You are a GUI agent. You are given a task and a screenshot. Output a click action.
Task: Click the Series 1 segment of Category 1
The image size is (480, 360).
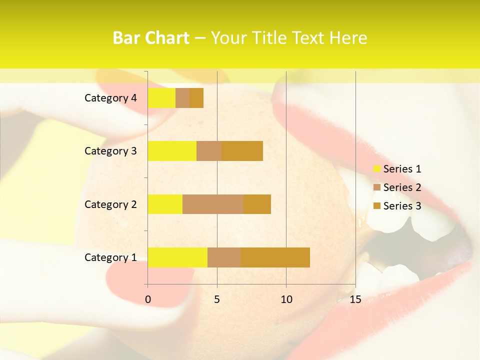pyautogui.click(x=177, y=257)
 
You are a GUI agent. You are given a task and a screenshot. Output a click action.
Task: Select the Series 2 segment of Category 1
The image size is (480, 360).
pyautogui.click(x=224, y=257)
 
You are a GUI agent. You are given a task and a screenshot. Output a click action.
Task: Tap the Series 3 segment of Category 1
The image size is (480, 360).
pyautogui.click(x=275, y=257)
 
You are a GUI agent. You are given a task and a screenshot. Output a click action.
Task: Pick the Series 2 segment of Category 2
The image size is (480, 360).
pyautogui.click(x=213, y=204)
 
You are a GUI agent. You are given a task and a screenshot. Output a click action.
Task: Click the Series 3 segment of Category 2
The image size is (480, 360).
pyautogui.click(x=257, y=204)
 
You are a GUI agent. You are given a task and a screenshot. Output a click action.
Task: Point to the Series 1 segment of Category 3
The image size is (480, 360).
pyautogui.click(x=172, y=151)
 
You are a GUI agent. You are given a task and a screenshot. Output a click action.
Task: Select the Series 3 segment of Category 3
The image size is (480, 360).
pyautogui.click(x=242, y=151)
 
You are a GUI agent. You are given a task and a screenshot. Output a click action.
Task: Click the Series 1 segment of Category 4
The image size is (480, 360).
pyautogui.click(x=161, y=98)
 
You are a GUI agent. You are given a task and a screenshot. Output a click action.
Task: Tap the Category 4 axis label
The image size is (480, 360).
pyautogui.click(x=110, y=98)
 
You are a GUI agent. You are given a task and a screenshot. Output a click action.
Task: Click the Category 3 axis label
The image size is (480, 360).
pyautogui.click(x=110, y=151)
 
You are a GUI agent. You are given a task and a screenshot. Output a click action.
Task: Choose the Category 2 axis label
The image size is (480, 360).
pyautogui.click(x=110, y=204)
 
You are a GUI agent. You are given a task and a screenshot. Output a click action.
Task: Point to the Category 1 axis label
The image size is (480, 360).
pyautogui.click(x=110, y=257)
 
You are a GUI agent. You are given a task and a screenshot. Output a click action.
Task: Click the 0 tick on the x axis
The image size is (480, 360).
pyautogui.click(x=148, y=299)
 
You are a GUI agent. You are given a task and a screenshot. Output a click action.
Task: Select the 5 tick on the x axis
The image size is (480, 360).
pyautogui.click(x=217, y=299)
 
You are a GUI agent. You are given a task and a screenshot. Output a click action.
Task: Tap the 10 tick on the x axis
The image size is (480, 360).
pyautogui.click(x=286, y=299)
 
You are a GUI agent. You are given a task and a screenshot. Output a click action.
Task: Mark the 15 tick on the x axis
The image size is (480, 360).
pyautogui.click(x=355, y=299)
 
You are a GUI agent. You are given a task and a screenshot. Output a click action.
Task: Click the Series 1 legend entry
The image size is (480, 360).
pyautogui.click(x=397, y=169)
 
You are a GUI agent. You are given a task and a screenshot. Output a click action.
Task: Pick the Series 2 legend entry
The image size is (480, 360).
pyautogui.click(x=397, y=187)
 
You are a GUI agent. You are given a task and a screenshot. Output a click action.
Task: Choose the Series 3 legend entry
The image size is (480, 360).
pyautogui.click(x=397, y=206)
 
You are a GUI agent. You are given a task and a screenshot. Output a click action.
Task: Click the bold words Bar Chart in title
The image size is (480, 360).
pyautogui.click(x=151, y=38)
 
